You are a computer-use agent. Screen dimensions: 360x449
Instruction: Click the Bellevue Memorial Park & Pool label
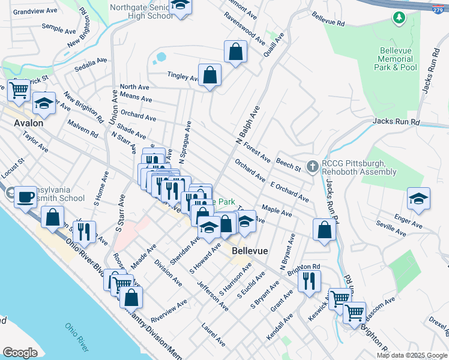(396, 60)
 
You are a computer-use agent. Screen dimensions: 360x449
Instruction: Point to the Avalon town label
(28, 122)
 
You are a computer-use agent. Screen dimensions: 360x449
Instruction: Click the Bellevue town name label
(250, 251)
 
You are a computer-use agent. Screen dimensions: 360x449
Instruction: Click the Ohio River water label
(78, 337)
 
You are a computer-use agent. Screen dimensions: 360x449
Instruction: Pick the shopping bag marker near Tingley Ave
(210, 76)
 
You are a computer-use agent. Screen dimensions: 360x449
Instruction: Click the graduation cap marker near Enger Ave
(418, 199)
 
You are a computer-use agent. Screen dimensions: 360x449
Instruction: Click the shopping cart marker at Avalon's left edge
(19, 90)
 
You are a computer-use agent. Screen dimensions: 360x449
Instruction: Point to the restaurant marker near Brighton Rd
(309, 280)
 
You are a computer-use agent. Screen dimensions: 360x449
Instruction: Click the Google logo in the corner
(20, 353)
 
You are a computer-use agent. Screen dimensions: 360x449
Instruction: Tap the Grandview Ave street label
(35, 11)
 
